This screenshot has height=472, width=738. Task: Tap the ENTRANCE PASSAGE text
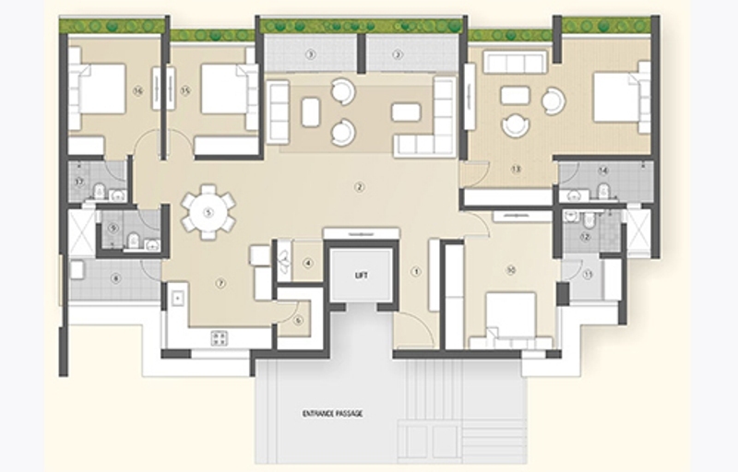coord(332,414)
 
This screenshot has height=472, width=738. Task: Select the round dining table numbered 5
coord(208,213)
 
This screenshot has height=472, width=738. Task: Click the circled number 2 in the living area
coord(360,188)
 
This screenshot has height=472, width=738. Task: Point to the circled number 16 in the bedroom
coord(137,90)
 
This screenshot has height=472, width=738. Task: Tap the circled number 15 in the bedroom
coord(185,90)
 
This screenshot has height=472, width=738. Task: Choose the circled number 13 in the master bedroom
coord(515,169)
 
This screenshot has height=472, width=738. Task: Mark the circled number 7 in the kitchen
coord(220,283)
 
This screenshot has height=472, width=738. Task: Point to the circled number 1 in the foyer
coord(416,271)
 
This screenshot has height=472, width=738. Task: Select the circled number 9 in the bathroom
coord(113,228)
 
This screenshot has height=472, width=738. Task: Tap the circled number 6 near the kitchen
coord(298,320)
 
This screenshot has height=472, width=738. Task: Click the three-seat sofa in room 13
coord(515,63)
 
